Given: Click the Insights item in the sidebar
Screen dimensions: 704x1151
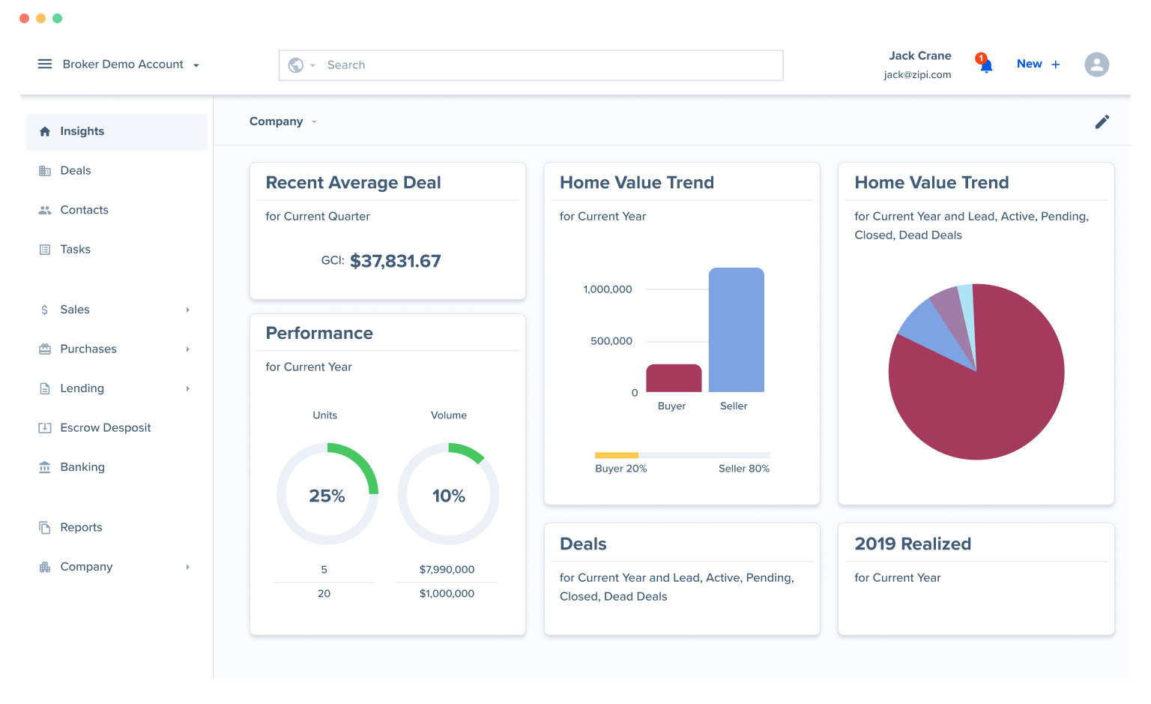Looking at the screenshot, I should pos(82,131).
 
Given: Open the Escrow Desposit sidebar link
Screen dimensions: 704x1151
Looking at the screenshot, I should pos(105,428).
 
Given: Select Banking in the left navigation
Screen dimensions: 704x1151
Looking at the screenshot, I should pos(82,467).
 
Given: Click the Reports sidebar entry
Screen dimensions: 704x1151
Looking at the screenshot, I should pos(81,528).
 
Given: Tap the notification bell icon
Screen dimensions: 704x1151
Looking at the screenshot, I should pos(986,66).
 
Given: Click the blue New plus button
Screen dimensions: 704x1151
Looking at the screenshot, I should pos(1038,64).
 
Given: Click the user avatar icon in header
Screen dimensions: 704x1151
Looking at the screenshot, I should pos(1096,64).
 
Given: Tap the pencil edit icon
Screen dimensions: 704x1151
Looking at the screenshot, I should pos(1102,121).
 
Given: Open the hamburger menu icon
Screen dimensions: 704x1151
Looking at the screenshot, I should pos(45,64).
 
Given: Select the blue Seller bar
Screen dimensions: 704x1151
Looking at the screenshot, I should pos(736,330).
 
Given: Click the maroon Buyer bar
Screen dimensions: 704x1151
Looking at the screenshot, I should pos(674,379).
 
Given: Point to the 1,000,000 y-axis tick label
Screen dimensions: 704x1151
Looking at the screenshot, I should pos(608,289).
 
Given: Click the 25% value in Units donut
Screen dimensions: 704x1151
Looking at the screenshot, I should pos(327,496).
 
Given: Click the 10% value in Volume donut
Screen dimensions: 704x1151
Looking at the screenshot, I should pos(448,496).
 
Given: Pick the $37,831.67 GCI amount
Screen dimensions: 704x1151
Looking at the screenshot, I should pos(395,261).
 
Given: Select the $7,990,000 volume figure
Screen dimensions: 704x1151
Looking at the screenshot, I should pos(447,570).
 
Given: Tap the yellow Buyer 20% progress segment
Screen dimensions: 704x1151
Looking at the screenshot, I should pos(616,455).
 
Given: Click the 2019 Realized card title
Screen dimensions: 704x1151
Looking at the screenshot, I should pos(912,544).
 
